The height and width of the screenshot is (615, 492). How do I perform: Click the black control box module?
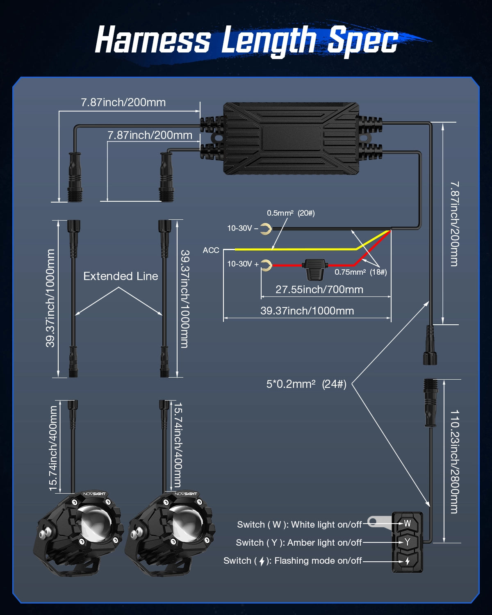tap(291, 138)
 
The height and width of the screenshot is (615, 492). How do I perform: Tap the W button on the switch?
tap(407, 523)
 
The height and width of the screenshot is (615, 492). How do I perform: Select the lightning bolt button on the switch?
tap(407, 560)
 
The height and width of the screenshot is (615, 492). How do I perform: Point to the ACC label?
tap(211, 250)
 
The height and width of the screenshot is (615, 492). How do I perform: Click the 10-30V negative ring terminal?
tap(266, 229)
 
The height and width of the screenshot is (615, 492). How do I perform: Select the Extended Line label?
tap(121, 276)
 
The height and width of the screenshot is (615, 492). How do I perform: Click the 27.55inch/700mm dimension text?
tap(319, 289)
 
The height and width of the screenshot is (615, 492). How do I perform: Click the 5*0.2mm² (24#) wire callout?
tap(306, 384)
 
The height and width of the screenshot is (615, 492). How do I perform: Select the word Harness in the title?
tap(153, 40)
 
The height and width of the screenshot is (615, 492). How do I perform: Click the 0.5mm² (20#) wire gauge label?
tap(291, 213)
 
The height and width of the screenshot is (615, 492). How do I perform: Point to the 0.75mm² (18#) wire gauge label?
tap(360, 272)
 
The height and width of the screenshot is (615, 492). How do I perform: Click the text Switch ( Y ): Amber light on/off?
tap(298, 543)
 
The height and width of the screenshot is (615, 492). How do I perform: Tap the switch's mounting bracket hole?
tap(372, 522)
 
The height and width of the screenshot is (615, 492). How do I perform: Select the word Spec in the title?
tap(362, 41)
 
